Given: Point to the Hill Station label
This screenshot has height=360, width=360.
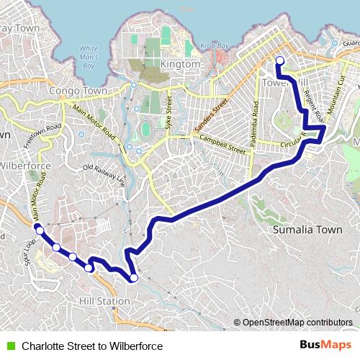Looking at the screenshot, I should pos(104,300).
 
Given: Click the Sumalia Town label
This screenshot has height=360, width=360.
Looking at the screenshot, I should pos(307,230).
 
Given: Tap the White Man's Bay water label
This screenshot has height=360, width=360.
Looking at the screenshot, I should pos(88,57).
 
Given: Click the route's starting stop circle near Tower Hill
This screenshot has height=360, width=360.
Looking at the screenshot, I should pos(279,60).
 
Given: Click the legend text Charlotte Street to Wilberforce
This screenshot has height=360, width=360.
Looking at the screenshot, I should pos(92,346).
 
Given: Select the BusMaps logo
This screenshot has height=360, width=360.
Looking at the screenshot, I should pos(326,346).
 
